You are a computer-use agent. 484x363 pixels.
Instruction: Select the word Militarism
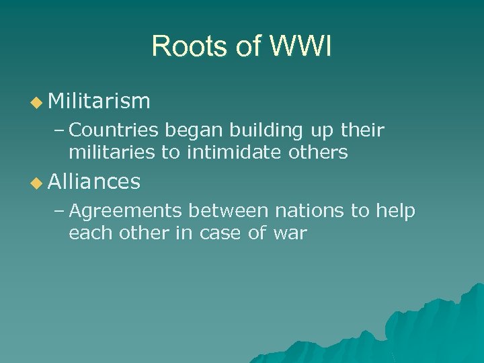point(99,102)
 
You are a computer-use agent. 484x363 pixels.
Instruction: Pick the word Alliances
point(94,182)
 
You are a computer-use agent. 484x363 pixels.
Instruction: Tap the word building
point(268,130)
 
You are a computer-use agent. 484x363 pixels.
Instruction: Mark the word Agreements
point(126,211)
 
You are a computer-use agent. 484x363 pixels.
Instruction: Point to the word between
point(229,210)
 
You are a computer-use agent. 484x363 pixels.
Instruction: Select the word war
point(290,235)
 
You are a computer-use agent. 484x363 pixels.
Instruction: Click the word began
point(190,130)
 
